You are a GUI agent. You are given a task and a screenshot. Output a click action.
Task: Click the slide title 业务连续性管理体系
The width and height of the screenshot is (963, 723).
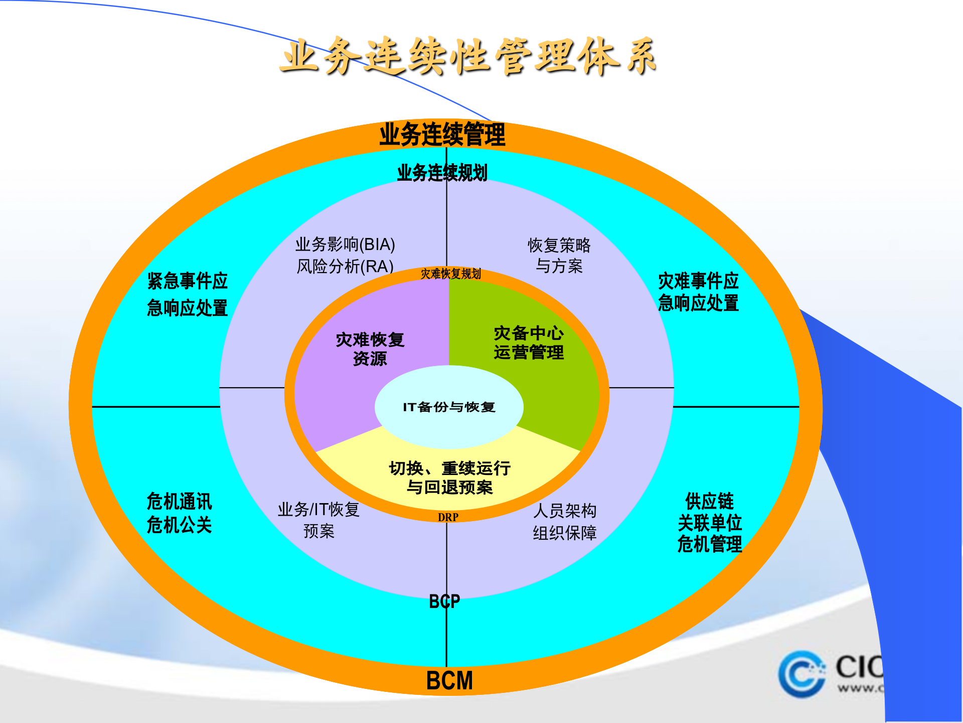pyautogui.click(x=468, y=56)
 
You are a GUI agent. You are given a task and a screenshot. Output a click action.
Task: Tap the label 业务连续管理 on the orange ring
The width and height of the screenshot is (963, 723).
pyautogui.click(x=442, y=135)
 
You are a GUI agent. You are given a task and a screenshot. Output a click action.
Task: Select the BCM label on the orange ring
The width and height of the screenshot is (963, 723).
pyautogui.click(x=449, y=681)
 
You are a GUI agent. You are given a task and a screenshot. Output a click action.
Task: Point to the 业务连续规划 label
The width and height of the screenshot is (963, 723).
pyautogui.click(x=442, y=173)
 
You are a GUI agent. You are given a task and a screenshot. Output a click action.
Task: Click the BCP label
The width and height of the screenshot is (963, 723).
pyautogui.click(x=444, y=601)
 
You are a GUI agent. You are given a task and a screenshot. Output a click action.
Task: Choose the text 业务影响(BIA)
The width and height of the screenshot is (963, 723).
pyautogui.click(x=345, y=245)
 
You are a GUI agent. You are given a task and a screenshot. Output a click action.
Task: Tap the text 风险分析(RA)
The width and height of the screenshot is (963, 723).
pyautogui.click(x=345, y=266)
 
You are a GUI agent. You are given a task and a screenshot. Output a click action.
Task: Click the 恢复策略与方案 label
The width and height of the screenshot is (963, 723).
pyautogui.click(x=559, y=255)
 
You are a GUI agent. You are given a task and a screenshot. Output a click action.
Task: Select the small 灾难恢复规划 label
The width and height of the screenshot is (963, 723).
pyautogui.click(x=450, y=274)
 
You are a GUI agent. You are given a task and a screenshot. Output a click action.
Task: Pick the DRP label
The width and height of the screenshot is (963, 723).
pyautogui.click(x=448, y=517)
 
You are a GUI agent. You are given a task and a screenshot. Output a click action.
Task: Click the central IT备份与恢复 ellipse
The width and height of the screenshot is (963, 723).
pyautogui.click(x=449, y=407)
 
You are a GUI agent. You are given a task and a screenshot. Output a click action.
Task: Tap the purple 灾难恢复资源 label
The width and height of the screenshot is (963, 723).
pyautogui.click(x=370, y=349)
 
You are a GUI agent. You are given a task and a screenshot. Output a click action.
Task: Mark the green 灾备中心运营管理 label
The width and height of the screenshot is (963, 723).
pyautogui.click(x=529, y=342)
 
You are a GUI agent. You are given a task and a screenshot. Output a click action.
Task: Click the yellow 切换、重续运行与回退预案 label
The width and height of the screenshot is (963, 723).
pyautogui.click(x=449, y=477)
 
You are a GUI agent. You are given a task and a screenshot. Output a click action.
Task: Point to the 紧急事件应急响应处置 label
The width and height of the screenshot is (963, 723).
pyautogui.click(x=187, y=294)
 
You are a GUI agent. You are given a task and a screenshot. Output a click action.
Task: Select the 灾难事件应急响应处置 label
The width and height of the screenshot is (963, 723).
pyautogui.click(x=698, y=292)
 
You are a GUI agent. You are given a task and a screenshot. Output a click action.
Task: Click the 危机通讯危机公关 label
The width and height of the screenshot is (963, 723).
pyautogui.click(x=179, y=513)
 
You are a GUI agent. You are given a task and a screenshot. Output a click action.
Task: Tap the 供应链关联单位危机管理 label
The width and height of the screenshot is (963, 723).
pyautogui.click(x=709, y=523)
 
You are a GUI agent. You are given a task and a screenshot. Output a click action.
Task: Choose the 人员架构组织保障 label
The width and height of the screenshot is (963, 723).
pyautogui.click(x=565, y=522)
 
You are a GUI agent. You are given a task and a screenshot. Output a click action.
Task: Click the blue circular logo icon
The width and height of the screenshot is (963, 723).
pyautogui.click(x=801, y=674)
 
